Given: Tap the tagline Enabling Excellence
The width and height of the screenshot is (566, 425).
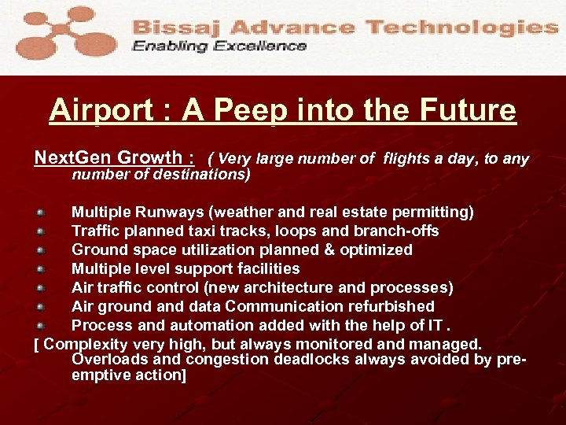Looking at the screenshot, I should tap(219, 46).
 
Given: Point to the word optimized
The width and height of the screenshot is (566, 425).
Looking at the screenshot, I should tap(373, 249).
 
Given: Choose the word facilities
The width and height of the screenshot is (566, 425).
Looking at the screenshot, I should tap(264, 268).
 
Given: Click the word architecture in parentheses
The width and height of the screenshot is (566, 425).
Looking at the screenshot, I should tap(302, 287).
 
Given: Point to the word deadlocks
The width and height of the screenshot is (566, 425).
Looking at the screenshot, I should tap(315, 360).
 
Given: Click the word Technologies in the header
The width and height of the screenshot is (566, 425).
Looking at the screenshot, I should tap(461, 26).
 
